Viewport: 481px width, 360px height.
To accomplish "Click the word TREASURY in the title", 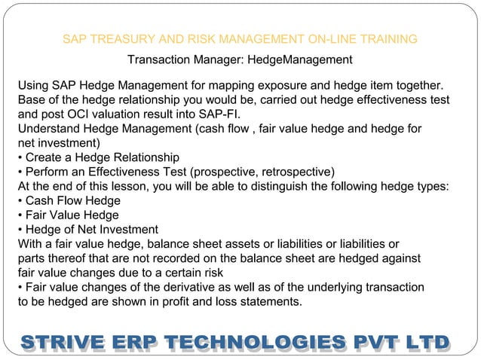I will [x=118, y=39].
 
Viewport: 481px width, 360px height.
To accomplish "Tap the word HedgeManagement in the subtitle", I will [x=300, y=59].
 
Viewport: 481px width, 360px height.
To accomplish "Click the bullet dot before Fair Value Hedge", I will [x=20, y=215].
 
